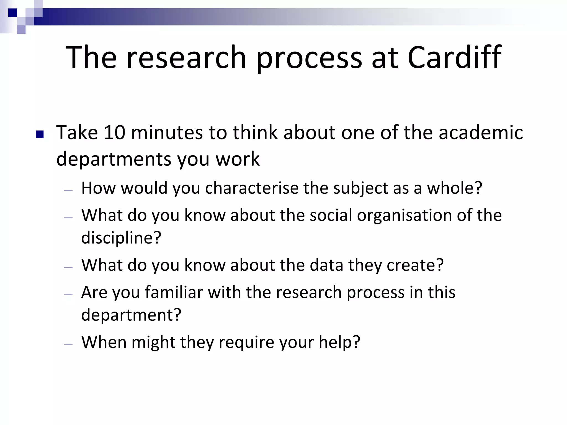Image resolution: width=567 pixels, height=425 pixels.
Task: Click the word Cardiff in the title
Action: pos(454,58)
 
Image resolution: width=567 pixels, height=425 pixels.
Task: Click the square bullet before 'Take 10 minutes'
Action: pos(40,134)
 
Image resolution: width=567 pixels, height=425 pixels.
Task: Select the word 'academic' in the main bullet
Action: pos(481,133)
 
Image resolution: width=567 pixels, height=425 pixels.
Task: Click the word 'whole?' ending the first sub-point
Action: pos(455,188)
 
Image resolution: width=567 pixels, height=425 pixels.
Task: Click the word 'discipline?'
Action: pos(121,238)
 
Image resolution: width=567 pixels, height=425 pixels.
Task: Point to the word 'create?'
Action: pos(415,265)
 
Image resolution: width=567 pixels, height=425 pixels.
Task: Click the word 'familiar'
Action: pos(174,292)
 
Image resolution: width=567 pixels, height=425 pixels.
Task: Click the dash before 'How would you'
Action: pos(68,191)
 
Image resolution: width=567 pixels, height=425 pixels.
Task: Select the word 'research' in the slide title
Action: pos(186,58)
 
